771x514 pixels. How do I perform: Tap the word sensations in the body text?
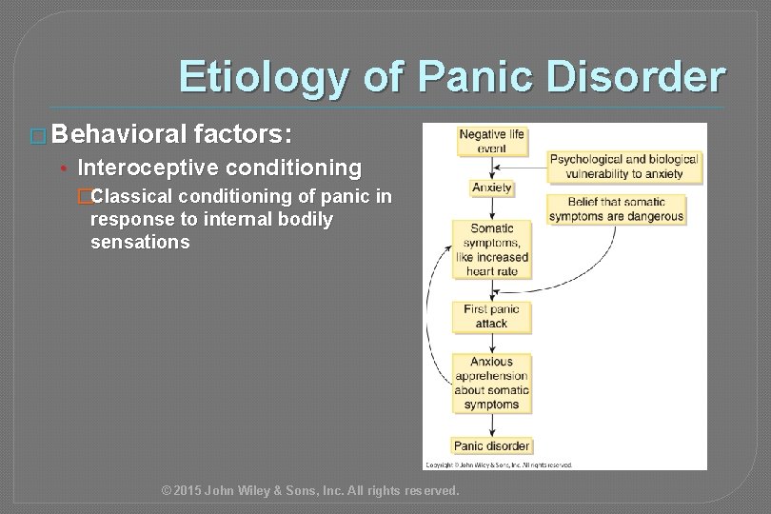(140, 243)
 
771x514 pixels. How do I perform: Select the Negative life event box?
(491, 142)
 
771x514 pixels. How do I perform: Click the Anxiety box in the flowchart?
(491, 188)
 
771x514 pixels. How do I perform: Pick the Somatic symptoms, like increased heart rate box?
(491, 249)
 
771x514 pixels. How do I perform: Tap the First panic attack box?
(491, 316)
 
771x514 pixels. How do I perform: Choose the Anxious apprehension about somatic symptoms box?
(491, 383)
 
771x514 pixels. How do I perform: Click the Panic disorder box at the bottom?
(491, 445)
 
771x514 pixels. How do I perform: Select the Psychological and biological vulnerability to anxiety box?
(623, 166)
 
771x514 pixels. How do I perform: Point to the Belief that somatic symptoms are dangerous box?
(616, 208)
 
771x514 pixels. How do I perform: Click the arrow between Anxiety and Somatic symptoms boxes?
(491, 208)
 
